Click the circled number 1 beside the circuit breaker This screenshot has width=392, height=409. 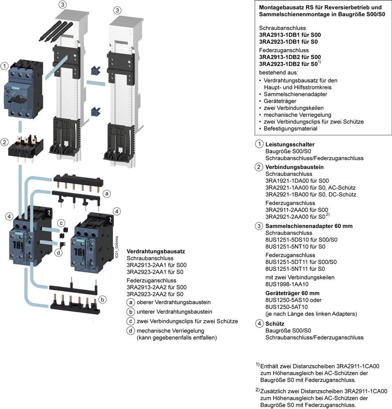(x=5, y=66)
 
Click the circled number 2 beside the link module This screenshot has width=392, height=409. (x=5, y=142)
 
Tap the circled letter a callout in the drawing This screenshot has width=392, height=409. (x=106, y=193)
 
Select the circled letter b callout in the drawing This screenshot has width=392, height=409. (x=102, y=299)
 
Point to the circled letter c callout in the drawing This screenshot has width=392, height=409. (x=61, y=223)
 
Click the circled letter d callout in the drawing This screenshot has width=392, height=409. (x=59, y=252)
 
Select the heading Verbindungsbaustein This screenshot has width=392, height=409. (x=294, y=167)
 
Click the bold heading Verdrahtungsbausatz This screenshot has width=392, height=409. (x=156, y=251)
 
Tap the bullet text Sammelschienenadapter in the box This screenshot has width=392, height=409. (x=295, y=94)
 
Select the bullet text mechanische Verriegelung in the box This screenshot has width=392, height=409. (x=297, y=115)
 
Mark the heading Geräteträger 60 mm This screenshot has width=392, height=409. (x=292, y=293)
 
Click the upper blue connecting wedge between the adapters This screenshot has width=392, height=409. (x=95, y=70)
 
